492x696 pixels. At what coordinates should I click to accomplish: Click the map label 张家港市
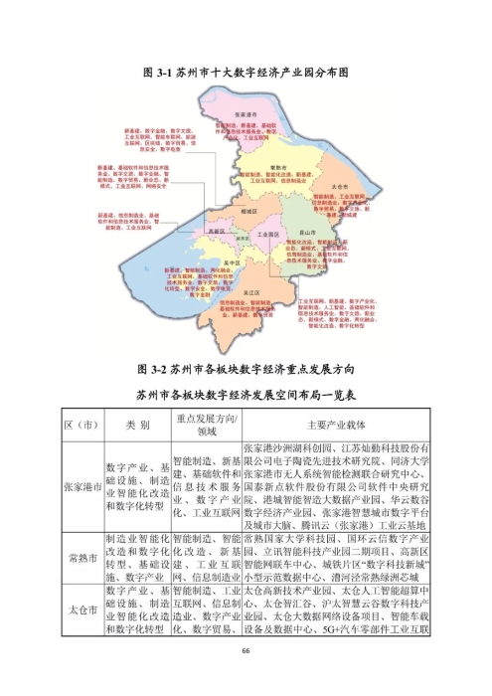246,114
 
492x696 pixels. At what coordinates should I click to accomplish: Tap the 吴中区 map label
233,261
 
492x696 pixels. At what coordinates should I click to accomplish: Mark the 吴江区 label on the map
252,295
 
